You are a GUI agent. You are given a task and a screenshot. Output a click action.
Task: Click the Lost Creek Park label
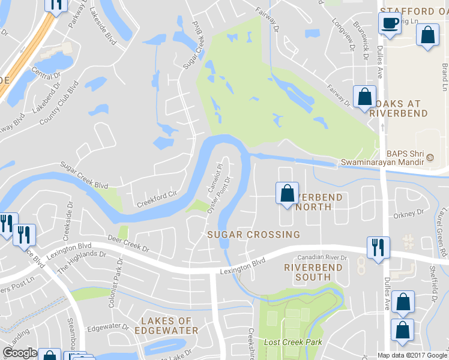294,342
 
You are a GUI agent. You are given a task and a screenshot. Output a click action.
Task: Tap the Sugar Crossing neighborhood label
253,234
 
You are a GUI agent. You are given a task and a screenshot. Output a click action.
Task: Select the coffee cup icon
389,23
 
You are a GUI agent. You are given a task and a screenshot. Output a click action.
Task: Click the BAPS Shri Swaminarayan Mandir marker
430,157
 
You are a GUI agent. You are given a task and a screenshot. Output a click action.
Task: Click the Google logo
20,353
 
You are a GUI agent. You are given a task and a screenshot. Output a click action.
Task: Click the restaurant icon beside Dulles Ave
378,247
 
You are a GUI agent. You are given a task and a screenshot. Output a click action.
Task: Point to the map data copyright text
412,355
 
